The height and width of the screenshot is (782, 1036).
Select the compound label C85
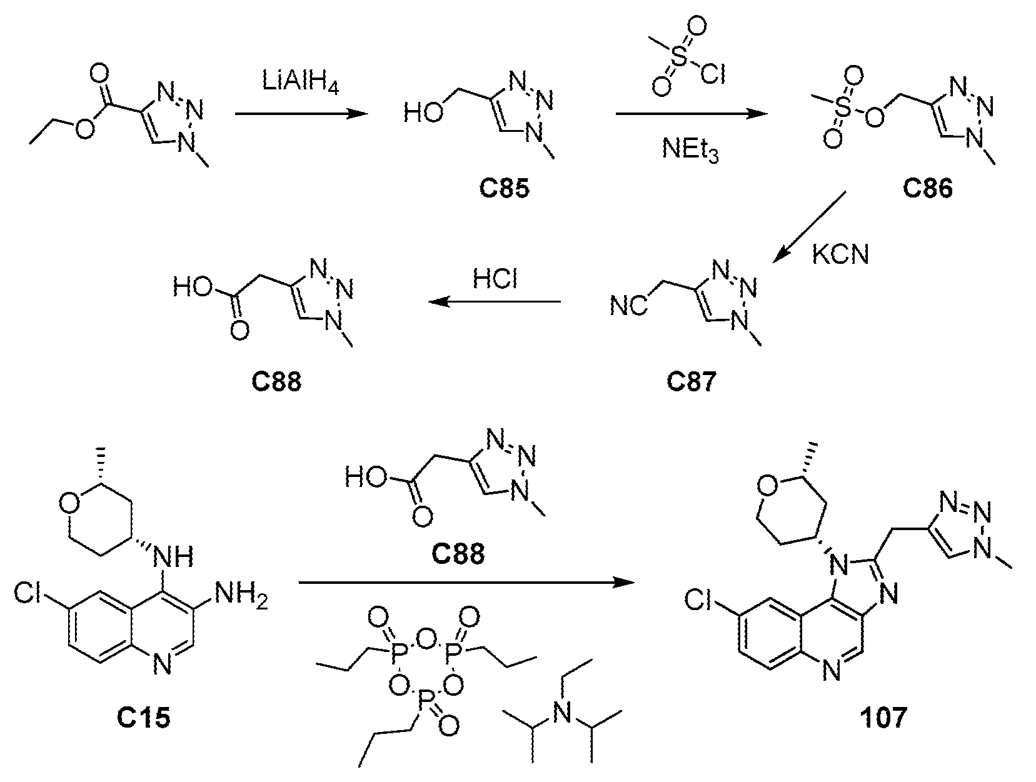(x=504, y=189)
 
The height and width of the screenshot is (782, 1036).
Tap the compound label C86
(x=927, y=189)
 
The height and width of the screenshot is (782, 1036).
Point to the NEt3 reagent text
(x=690, y=150)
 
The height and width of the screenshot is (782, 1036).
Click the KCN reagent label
(x=840, y=254)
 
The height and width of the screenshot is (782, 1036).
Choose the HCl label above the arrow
(x=495, y=279)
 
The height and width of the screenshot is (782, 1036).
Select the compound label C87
(x=691, y=381)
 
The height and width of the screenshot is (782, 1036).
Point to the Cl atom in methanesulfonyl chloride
(x=713, y=74)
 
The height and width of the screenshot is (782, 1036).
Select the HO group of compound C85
(x=423, y=113)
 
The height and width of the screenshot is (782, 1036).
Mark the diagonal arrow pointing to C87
(x=809, y=228)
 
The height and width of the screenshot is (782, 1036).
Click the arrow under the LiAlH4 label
(x=301, y=114)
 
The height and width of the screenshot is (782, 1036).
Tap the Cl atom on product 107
(x=698, y=601)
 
